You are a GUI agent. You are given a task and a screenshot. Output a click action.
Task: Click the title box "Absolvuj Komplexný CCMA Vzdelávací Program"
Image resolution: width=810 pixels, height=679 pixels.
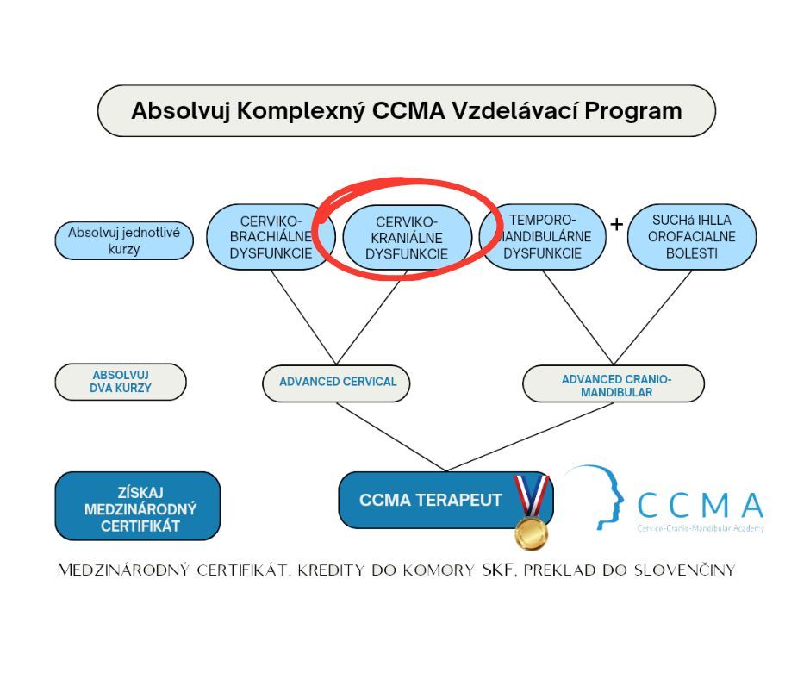click(406, 111)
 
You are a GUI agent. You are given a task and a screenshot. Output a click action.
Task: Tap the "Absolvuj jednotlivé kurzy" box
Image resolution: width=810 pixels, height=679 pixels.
click(124, 240)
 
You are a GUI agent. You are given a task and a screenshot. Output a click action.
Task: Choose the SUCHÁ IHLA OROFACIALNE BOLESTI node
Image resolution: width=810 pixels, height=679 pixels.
click(691, 237)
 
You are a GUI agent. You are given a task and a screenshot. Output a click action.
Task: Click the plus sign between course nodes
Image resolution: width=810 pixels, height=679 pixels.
click(616, 225)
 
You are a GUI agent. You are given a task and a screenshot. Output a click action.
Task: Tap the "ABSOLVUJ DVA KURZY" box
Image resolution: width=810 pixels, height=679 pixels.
click(121, 382)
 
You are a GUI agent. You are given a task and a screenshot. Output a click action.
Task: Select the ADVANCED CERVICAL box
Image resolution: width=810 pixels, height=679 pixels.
click(337, 382)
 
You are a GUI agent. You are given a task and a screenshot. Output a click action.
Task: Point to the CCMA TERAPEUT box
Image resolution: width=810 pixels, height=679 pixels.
click(430, 500)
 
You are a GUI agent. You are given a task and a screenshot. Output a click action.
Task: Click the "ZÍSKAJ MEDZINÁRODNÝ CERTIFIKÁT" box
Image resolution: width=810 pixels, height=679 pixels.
click(138, 507)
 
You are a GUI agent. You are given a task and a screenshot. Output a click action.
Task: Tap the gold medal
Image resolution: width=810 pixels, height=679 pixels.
click(531, 532)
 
